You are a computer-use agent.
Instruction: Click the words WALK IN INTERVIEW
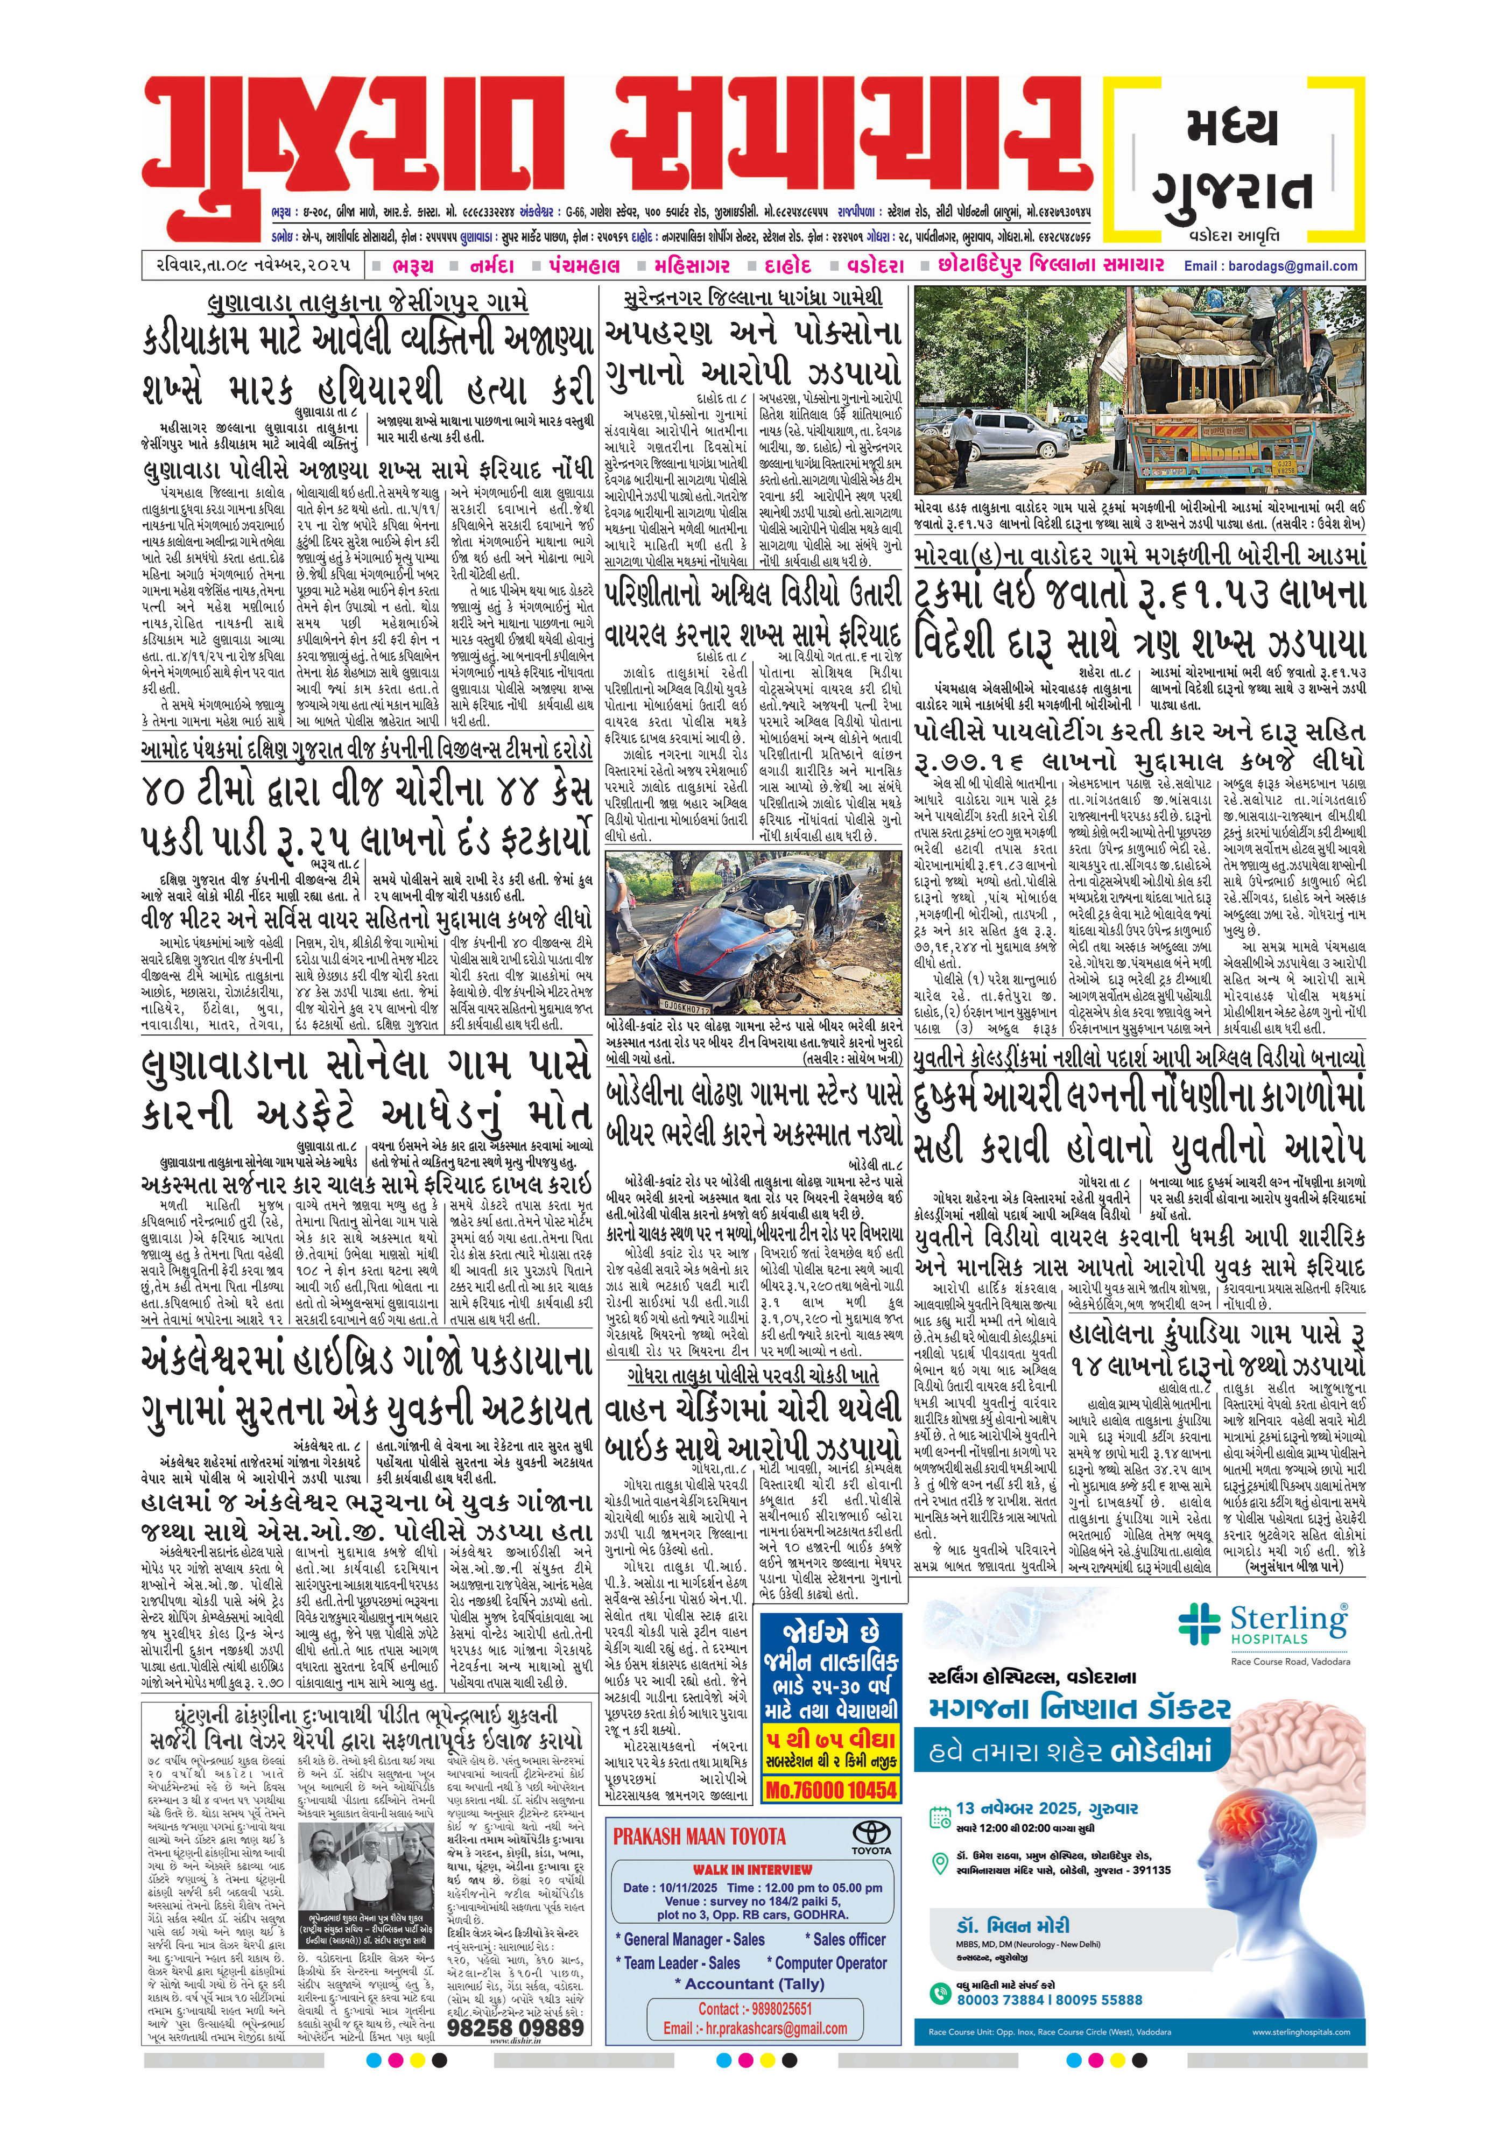tap(752, 1869)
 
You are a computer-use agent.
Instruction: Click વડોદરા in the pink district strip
tap(876, 265)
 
